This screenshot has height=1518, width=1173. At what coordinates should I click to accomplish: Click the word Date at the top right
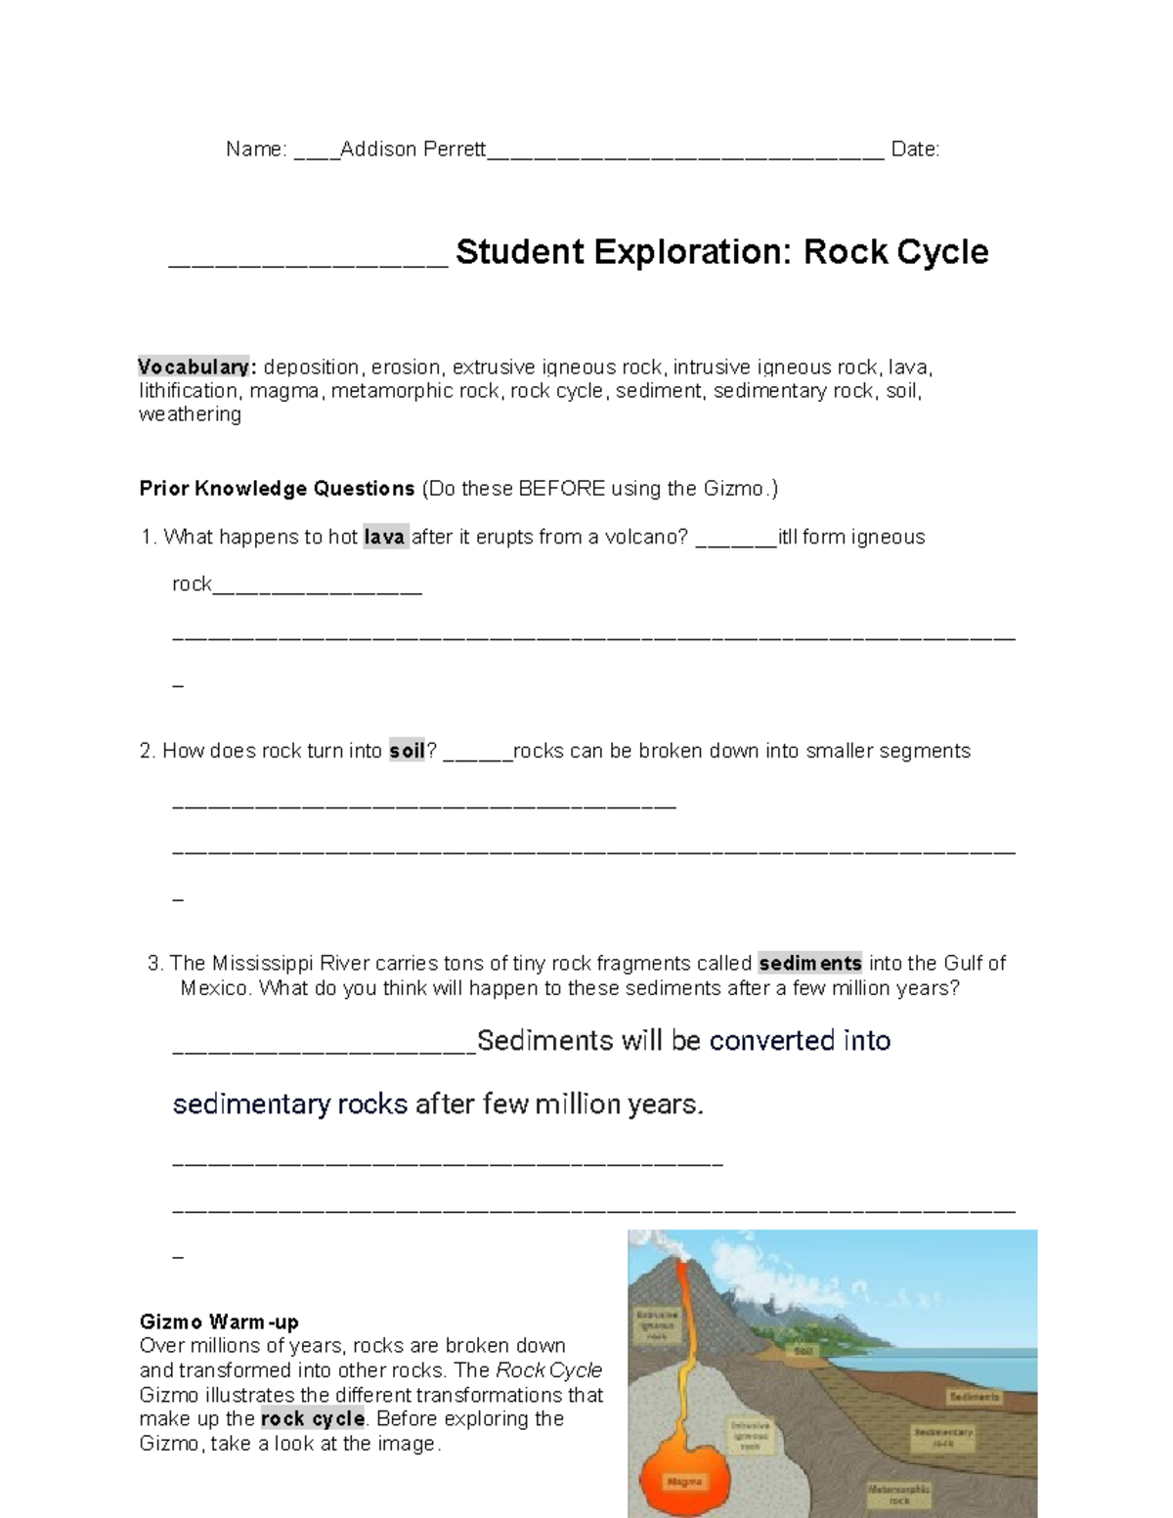(x=914, y=150)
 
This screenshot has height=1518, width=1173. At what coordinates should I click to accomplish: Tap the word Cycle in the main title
(x=942, y=252)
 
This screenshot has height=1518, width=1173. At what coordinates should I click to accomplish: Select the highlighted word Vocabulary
(x=195, y=368)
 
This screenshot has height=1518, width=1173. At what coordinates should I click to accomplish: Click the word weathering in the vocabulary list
(x=190, y=414)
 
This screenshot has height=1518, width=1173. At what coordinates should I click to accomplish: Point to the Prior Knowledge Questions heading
(x=277, y=489)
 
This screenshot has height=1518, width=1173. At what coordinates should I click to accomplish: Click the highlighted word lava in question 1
(x=385, y=538)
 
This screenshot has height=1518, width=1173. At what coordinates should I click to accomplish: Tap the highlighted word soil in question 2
(x=407, y=752)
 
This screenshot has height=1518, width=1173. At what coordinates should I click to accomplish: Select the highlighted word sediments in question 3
(x=810, y=964)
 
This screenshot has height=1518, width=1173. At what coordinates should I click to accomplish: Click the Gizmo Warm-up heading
(x=219, y=1323)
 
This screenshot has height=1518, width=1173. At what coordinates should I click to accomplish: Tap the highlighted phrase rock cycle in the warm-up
(x=313, y=1419)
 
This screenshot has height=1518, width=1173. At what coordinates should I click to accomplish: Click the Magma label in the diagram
(x=685, y=1482)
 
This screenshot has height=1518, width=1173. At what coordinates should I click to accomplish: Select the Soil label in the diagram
(x=804, y=1352)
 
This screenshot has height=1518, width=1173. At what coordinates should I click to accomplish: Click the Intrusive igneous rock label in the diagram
(x=750, y=1436)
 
